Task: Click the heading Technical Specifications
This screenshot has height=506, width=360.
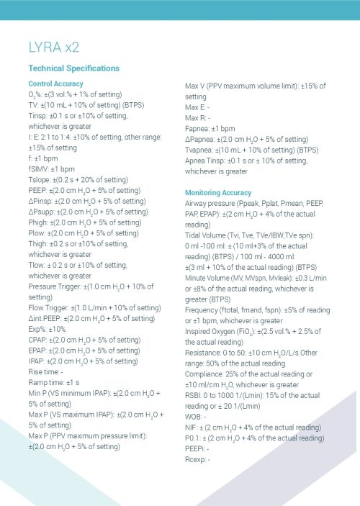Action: [x=73, y=68]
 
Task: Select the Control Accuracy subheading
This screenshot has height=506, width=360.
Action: [x=55, y=84]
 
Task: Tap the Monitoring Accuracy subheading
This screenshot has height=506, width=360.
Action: [x=217, y=193]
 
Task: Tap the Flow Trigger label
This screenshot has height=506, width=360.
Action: [x=48, y=308]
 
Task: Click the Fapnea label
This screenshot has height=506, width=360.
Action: [x=199, y=128]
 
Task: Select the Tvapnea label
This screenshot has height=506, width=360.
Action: [x=200, y=150]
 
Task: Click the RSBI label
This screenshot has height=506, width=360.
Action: [x=194, y=395]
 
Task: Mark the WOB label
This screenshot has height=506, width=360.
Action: [x=194, y=416]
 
